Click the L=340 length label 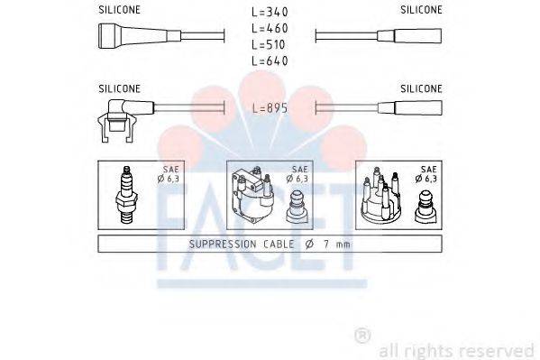(269, 12)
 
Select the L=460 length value (269, 28)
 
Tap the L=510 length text (269, 44)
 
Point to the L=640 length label (269, 60)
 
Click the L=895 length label (269, 108)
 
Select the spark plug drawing (126, 196)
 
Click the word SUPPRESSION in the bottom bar (223, 245)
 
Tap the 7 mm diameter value (342, 245)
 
